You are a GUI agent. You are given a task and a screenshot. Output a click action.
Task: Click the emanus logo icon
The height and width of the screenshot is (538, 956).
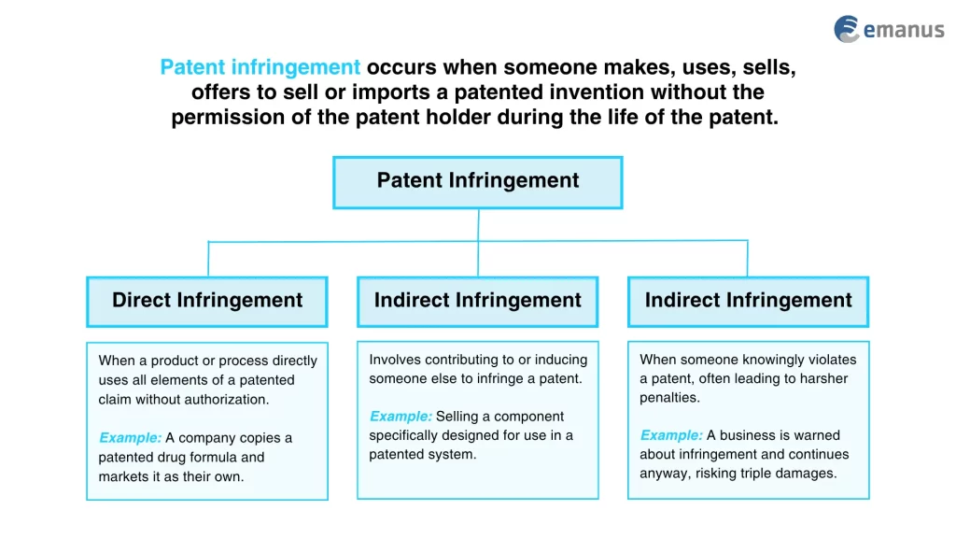tap(847, 29)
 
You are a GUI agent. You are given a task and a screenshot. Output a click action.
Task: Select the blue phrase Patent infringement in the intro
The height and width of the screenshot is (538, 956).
tap(260, 67)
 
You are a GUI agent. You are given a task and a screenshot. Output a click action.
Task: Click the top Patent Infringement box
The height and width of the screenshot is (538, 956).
tap(477, 181)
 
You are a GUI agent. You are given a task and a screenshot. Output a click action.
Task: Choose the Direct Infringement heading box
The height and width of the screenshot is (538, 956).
tap(207, 301)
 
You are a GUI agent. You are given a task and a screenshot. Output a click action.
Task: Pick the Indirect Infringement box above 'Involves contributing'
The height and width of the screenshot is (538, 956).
tap(477, 301)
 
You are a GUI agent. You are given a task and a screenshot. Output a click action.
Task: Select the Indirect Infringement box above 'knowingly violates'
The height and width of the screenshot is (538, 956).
tap(748, 301)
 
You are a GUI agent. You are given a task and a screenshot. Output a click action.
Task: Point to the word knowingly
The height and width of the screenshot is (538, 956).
tap(750, 360)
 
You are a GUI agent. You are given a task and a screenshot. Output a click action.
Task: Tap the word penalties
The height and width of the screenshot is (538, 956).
tap(668, 398)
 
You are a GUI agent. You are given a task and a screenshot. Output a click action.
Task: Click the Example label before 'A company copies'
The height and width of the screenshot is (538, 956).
tap(130, 438)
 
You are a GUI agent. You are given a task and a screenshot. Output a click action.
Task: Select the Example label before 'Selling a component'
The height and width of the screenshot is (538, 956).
tap(401, 417)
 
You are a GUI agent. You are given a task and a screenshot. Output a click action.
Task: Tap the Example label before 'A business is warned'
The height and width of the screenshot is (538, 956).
tap(671, 435)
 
